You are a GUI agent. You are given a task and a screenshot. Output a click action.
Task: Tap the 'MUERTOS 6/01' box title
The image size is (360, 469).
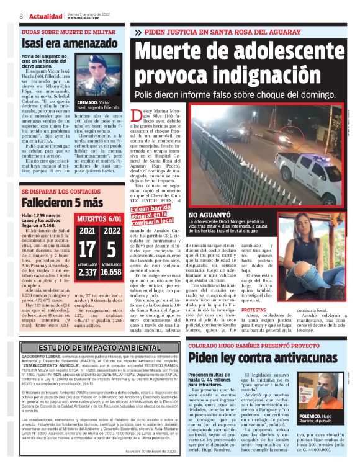pyautogui.click(x=99, y=218)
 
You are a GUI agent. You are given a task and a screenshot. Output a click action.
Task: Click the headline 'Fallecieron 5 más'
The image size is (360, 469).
pyautogui.click(x=61, y=203)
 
